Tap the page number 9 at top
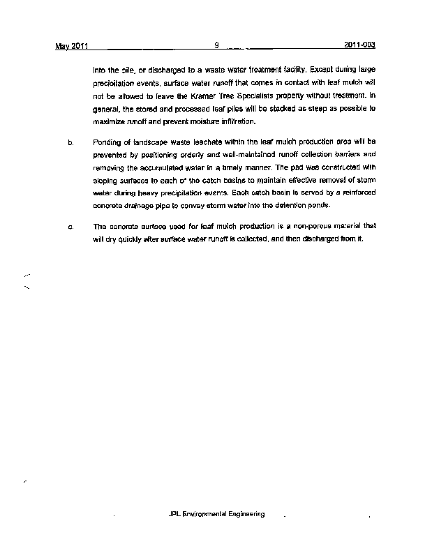point(217,45)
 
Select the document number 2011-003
point(360,45)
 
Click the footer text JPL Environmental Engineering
point(216,514)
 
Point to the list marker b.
point(70,142)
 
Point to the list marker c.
point(70,227)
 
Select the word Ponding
point(107,142)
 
